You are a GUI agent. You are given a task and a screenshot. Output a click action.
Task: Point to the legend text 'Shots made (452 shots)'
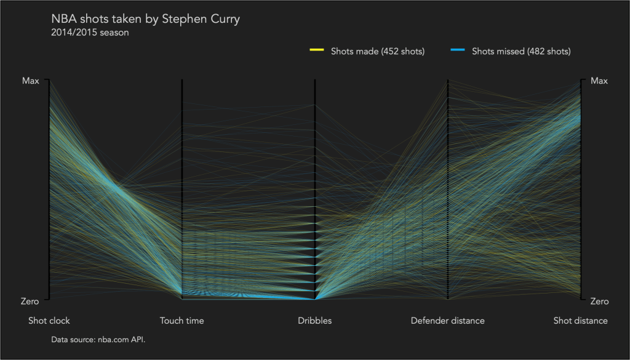[x=378, y=51]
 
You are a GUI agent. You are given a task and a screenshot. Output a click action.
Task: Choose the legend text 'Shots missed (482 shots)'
[x=521, y=51]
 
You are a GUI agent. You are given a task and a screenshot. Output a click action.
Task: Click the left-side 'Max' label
[x=31, y=81]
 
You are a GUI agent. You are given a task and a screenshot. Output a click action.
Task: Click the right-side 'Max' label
[x=599, y=81]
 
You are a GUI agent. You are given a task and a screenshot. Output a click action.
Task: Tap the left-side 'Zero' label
[x=30, y=302]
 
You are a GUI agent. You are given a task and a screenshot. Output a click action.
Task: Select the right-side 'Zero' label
[x=600, y=302]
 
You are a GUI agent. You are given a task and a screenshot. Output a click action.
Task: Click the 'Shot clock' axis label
[x=49, y=321]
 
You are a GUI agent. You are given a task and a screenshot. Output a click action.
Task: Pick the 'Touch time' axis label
[x=181, y=321]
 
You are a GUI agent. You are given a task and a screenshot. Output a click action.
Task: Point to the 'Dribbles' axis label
[x=314, y=321]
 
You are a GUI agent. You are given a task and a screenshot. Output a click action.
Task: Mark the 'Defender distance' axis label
[x=447, y=321]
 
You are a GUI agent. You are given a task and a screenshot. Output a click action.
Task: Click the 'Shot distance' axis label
[x=580, y=321]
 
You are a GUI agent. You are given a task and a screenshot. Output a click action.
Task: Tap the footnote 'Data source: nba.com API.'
[x=98, y=339]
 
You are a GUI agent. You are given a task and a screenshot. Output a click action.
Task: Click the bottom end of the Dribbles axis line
[x=315, y=298]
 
